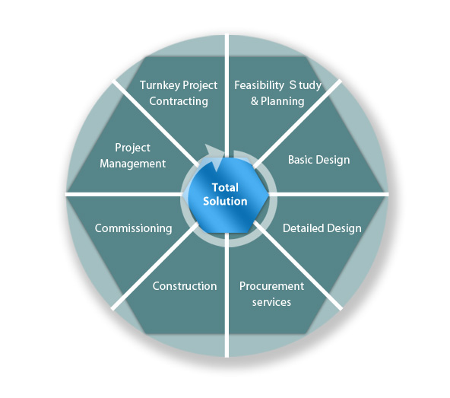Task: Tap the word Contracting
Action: click(179, 101)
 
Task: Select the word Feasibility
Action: click(259, 86)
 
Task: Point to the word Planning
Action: click(283, 101)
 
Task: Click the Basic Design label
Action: click(318, 160)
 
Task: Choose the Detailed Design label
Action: click(322, 228)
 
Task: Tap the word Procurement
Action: click(271, 286)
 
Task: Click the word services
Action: click(271, 302)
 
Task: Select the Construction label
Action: click(185, 286)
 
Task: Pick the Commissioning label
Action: click(134, 228)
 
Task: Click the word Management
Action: click(132, 164)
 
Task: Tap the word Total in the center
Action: click(225, 188)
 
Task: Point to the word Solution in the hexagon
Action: click(225, 201)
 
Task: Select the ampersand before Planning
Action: click(255, 101)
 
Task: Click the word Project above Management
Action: click(132, 148)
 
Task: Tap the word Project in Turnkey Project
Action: click(200, 86)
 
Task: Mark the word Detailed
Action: click(303, 228)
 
